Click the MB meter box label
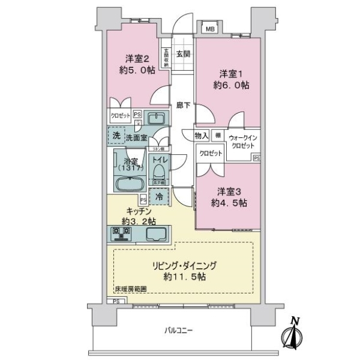(x=211, y=29)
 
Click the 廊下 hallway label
(x=183, y=106)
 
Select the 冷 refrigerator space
(x=159, y=196)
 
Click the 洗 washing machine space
(x=116, y=136)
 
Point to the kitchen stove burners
(x=121, y=234)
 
